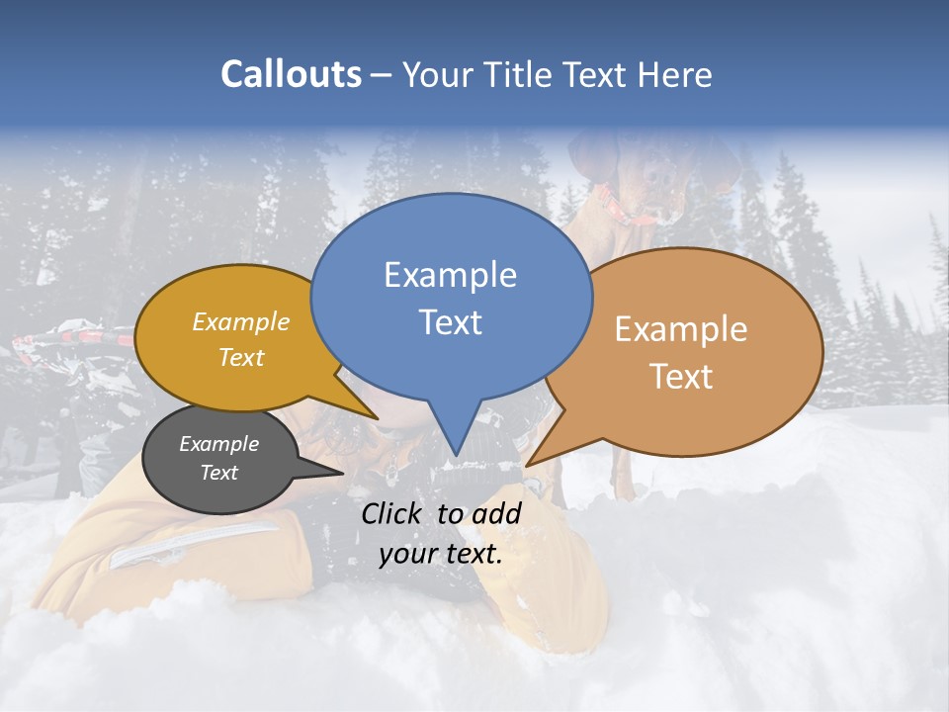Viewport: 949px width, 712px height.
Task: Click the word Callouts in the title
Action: point(291,74)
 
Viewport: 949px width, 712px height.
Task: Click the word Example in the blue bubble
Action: point(450,275)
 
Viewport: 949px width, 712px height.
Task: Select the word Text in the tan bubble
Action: point(681,377)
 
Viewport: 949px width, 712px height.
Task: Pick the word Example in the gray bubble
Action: point(218,444)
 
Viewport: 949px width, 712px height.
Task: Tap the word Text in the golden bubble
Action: point(240,357)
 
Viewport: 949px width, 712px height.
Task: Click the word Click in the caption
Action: point(393,513)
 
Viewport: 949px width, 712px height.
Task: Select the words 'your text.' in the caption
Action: point(441,554)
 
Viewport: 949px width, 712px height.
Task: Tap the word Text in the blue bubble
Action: point(450,322)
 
